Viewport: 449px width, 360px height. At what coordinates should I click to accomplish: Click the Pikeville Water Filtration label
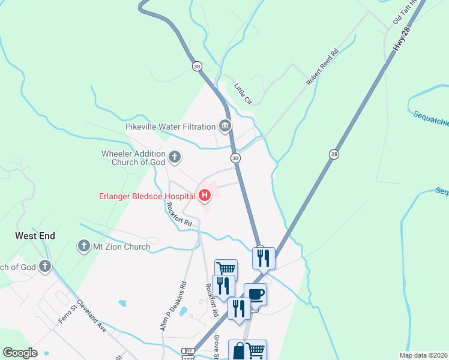point(170,127)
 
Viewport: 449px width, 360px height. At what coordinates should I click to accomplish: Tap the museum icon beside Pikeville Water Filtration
point(225,126)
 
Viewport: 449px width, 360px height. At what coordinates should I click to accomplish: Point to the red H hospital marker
point(205,195)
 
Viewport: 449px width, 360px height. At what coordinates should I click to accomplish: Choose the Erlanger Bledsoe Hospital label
point(146,196)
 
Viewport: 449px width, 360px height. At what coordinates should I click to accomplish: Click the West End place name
point(35,236)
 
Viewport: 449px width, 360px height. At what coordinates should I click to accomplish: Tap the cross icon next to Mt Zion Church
point(83,246)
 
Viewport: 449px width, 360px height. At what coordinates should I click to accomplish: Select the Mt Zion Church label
point(121,246)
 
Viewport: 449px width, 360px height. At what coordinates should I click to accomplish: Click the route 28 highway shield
point(334,154)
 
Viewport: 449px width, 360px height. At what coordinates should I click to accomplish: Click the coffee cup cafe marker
point(255,294)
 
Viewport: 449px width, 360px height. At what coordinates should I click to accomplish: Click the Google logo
point(20,353)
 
